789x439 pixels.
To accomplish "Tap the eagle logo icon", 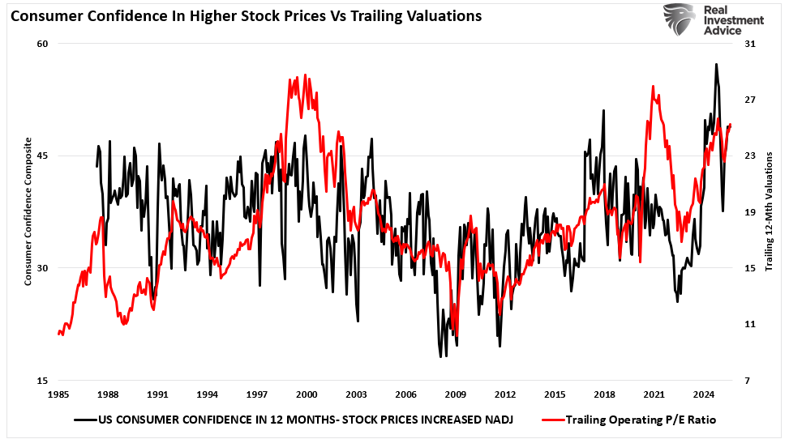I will pos(679,21).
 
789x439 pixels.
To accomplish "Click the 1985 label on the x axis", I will pos(58,394).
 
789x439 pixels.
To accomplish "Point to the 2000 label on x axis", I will pos(307,394).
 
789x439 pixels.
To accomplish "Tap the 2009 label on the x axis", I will pos(455,394).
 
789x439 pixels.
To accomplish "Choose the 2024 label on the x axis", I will pos(703,394).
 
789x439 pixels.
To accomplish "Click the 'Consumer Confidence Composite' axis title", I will pos(28,212).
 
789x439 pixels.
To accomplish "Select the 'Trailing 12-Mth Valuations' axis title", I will pos(769,212).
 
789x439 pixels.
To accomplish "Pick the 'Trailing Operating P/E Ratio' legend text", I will pos(640,420).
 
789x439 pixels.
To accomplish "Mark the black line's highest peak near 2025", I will pos(716,64).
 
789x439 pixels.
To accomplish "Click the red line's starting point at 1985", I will pos(58,333).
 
